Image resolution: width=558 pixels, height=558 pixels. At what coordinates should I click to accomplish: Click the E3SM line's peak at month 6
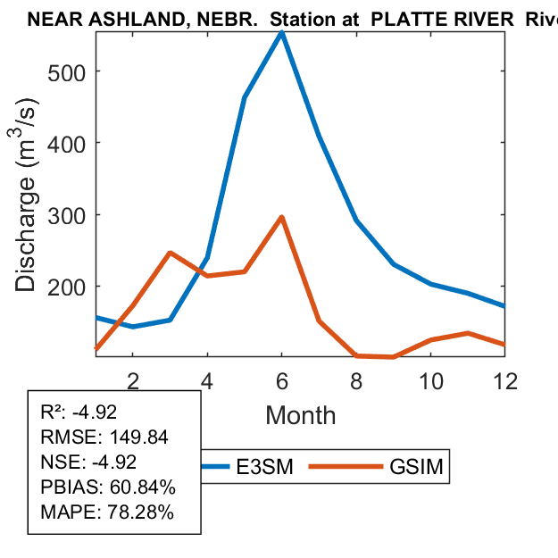point(282,33)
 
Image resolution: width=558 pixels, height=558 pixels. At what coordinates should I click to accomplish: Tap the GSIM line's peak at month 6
point(282,217)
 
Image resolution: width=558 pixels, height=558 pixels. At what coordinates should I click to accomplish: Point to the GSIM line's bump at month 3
point(170,253)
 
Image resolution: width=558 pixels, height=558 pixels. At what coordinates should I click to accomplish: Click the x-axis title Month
point(301,415)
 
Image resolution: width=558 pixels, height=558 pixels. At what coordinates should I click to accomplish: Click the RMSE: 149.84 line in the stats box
point(104,437)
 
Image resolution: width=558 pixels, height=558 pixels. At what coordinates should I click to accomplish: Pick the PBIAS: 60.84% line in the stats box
point(108,487)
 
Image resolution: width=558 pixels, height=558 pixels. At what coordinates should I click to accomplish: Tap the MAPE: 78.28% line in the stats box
point(107,512)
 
